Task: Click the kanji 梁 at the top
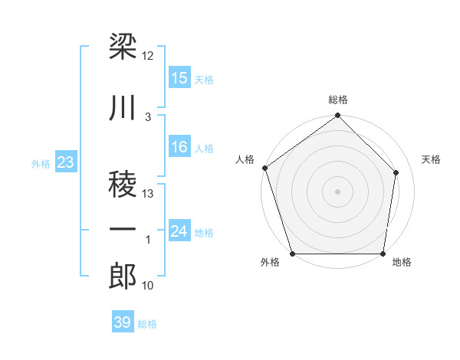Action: point(123,47)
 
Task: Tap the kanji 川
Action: point(123,109)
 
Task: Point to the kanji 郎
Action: point(123,277)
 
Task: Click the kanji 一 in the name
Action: point(123,230)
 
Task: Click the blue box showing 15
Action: point(179,78)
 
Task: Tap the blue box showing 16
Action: point(179,148)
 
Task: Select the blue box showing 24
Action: point(179,231)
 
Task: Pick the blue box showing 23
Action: point(66,162)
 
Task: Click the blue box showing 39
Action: point(123,322)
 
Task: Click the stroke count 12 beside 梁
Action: point(148,56)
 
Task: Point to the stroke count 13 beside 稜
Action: point(148,194)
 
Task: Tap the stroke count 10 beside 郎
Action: point(148,286)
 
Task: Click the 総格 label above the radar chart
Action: point(338,100)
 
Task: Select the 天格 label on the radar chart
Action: point(431,159)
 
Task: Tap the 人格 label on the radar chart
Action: point(245,159)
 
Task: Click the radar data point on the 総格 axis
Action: point(338,116)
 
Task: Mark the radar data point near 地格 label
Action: point(383,254)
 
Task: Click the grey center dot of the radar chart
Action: point(338,191)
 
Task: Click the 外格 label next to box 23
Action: point(40,163)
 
